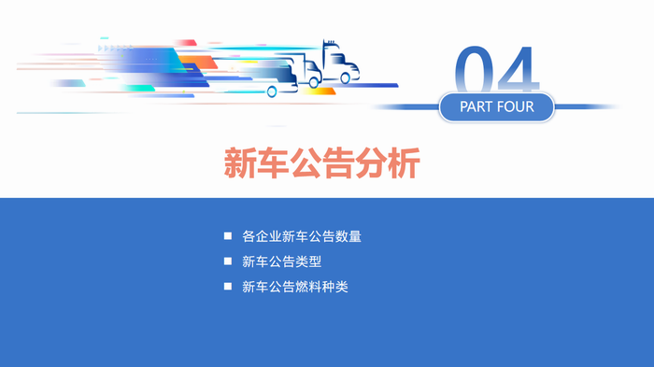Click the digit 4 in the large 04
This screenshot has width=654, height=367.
(520, 70)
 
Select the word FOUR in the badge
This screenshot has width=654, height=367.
(517, 106)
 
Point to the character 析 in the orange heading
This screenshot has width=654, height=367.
(404, 163)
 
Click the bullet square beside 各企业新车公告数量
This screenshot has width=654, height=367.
(227, 236)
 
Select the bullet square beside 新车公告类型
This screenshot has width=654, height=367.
(227, 261)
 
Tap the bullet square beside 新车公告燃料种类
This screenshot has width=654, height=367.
(227, 287)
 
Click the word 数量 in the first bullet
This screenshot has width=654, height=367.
(347, 236)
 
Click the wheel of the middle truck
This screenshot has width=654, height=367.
(315, 82)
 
